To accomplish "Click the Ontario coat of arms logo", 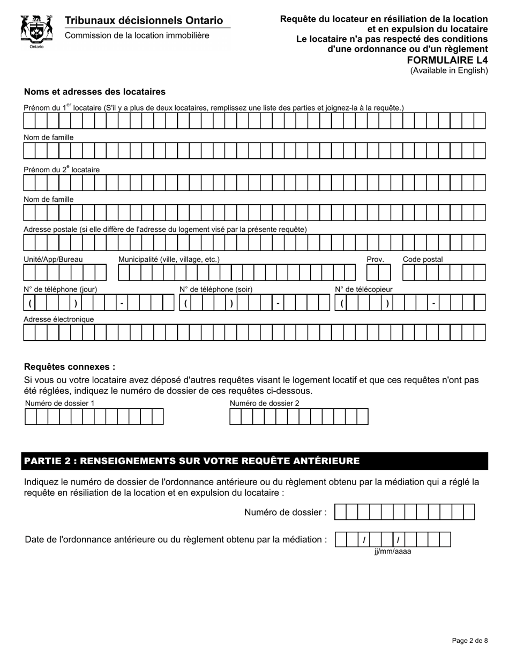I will tap(36, 31).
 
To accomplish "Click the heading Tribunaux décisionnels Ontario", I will tap(144, 20).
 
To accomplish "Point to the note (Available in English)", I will tap(449, 70).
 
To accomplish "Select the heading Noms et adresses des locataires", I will tap(95, 92).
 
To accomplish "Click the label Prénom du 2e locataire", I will tap(62, 170).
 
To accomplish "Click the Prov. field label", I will tap(375, 259).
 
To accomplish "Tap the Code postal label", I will tap(423, 259).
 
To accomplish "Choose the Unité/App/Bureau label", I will tap(53, 259).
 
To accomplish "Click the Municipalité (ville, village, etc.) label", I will tap(169, 259).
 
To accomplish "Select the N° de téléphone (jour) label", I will tap(60, 289).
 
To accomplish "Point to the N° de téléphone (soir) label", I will tap(216, 289).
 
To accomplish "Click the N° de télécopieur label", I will tap(364, 289).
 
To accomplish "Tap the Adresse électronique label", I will tap(58, 319).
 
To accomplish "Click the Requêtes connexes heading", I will tap(70, 367).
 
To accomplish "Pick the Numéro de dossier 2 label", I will tap(265, 403).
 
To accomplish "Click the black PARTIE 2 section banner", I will tap(254, 461).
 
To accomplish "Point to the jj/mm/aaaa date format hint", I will tap(393, 551).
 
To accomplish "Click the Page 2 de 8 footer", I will tap(470, 640).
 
